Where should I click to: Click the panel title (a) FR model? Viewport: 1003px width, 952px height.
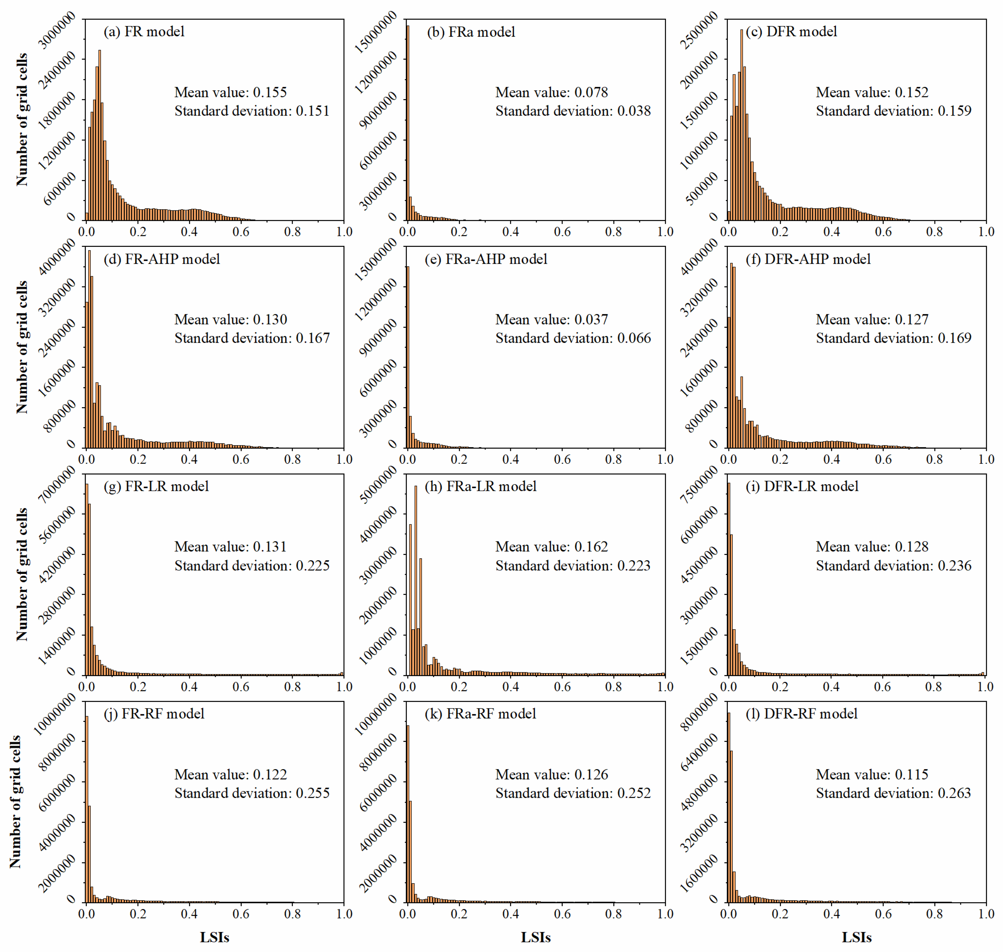[x=144, y=32]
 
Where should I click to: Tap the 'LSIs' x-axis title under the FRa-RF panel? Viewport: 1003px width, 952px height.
[x=536, y=937]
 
